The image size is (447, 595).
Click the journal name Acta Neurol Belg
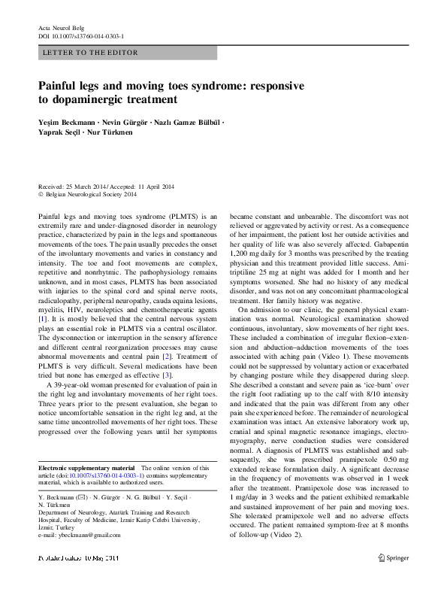[x=62, y=27]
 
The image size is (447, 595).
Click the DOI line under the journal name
[x=81, y=35]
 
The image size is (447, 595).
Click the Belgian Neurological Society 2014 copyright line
[x=91, y=195]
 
